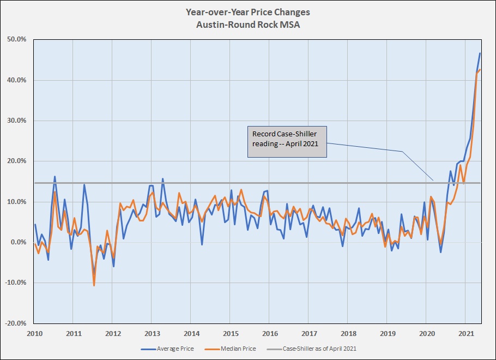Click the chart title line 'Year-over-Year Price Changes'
click(x=247, y=12)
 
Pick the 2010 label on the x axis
click(x=35, y=333)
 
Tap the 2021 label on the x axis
click(x=465, y=333)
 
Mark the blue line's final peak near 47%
click(x=480, y=53)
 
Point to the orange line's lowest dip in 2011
click(x=94, y=285)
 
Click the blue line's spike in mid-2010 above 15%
click(x=55, y=177)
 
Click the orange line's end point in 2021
click(x=480, y=69)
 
